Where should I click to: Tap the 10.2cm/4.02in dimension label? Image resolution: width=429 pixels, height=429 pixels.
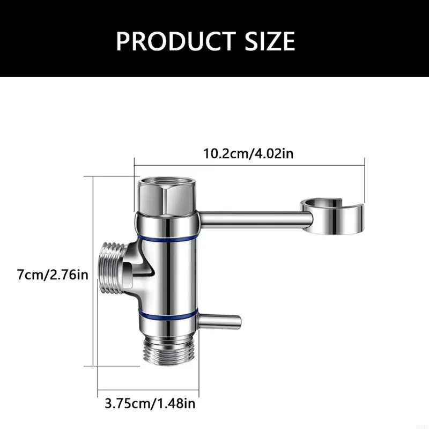[x=248, y=154]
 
